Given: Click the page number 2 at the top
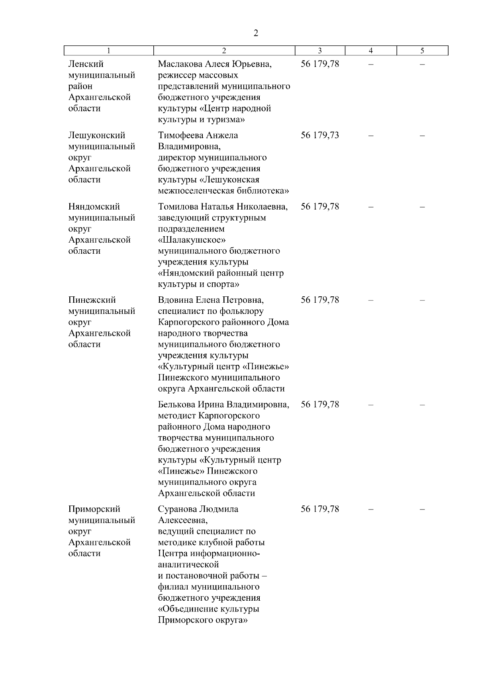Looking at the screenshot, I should coord(256,33).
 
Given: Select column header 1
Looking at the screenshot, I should coord(109,51).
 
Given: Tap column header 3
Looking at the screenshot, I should coord(320,51).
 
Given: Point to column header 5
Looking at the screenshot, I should coord(422,51).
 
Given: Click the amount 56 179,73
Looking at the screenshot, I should coord(320,135).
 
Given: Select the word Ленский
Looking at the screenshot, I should coord(86,64).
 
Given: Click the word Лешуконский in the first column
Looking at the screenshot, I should coord(97,135).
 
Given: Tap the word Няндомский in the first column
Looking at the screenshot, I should coord(94,207).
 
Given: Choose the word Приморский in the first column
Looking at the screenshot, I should coord(94,509).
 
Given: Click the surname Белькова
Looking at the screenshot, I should coord(176,405).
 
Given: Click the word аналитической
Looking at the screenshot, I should coord(189,565).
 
